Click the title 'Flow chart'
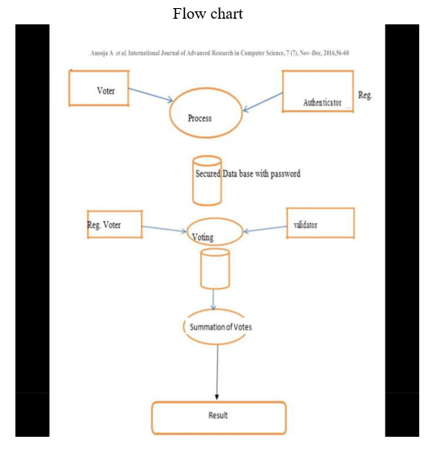point(208,14)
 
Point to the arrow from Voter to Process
point(151,95)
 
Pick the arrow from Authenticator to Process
point(263,101)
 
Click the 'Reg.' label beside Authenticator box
point(365,95)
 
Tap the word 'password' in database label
point(285,174)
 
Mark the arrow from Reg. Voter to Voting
point(164,229)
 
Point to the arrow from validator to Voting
point(265,229)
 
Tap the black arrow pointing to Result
point(217,373)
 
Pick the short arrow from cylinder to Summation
point(213,300)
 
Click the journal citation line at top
point(220,53)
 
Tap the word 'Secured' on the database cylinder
point(208,174)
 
